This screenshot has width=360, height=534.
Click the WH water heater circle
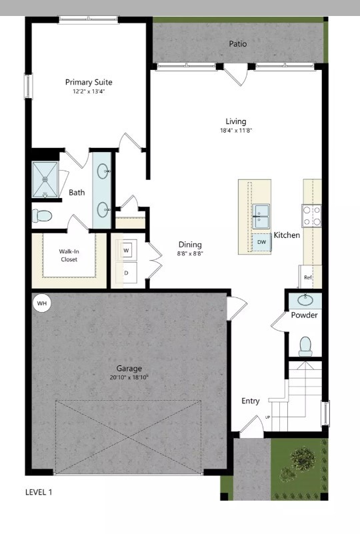(42, 304)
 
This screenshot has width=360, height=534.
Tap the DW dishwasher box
(261, 242)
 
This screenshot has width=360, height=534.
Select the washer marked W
(127, 250)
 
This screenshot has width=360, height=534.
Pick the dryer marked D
(126, 272)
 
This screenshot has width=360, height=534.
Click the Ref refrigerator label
(308, 277)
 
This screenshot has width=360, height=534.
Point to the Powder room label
(304, 315)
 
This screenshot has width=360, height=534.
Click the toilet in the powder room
(305, 345)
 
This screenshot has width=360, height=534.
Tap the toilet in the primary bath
(42, 216)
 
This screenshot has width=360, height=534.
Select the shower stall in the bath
(46, 179)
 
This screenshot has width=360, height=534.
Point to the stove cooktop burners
(312, 215)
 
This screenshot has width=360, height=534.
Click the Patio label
(238, 44)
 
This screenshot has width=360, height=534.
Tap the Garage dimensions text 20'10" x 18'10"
(129, 377)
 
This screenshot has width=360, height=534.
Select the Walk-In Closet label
(69, 255)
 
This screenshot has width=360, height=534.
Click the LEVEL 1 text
(38, 493)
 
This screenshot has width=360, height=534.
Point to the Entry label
(251, 401)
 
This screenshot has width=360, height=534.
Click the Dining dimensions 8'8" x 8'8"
(190, 253)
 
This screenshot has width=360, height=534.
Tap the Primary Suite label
(89, 82)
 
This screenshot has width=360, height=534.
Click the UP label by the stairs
(268, 417)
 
